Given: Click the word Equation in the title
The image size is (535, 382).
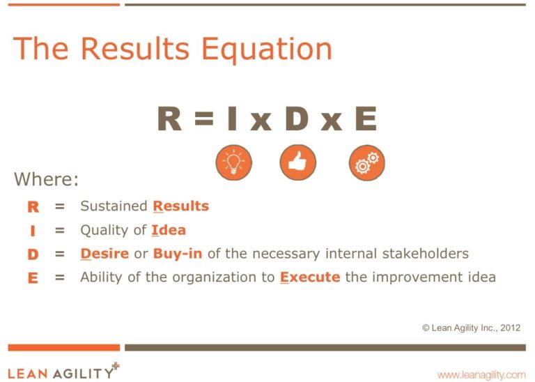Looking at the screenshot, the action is coord(267,49).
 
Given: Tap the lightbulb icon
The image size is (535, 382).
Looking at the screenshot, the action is coord(234,162).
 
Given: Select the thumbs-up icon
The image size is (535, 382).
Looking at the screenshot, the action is coord(298,162).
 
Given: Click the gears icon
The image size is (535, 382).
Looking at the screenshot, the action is coord(367,162).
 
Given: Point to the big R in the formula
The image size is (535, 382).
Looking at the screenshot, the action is coord(169,119).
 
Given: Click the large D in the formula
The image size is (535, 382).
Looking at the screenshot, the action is coord(297,119).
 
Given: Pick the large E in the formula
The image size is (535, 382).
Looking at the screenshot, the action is coord(366,119).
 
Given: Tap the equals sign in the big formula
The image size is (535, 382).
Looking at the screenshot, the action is coord(204,119).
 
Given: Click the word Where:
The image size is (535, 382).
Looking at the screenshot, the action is coord(46,179).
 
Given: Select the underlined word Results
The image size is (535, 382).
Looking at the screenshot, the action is coord(181,206).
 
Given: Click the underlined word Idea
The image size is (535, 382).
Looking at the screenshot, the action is coord(169,230).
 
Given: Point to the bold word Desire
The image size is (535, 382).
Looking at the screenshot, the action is coord(104,254).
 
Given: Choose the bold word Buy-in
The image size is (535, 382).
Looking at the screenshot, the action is coord(178,254).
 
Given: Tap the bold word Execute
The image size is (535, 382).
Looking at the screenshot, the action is coord(310,277).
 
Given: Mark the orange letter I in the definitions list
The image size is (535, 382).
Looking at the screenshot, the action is coord(33,231).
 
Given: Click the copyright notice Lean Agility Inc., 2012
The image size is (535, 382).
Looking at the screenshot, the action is coord(471,328).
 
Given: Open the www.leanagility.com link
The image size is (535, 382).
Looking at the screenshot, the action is coord(481,375).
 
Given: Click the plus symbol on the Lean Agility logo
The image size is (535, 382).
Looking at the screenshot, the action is coord(116,365).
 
